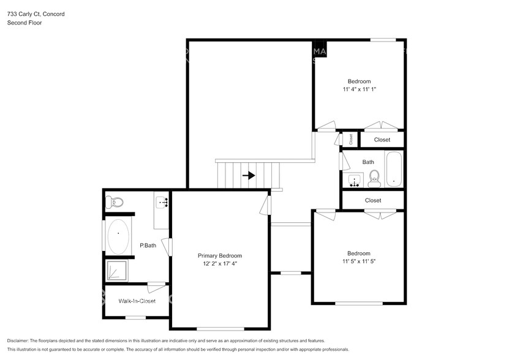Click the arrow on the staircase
249,175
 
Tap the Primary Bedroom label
219,256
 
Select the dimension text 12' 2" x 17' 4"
219,264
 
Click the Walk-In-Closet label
137,301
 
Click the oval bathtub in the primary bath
118,237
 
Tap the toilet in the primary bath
115,201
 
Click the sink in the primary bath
162,201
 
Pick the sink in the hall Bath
354,181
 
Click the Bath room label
368,162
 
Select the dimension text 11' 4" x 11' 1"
359,89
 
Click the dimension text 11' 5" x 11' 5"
359,261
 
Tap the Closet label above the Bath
382,140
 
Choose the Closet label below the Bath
373,200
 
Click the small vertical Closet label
351,139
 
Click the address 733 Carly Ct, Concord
36,13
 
